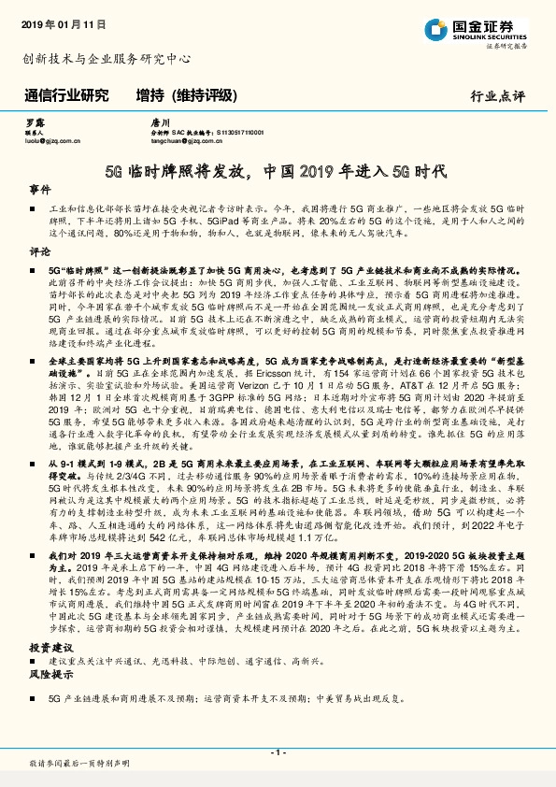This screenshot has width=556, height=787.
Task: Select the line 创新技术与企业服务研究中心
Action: (x=106, y=59)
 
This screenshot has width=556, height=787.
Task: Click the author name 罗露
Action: (x=33, y=122)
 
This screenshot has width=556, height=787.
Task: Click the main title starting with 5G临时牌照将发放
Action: (x=277, y=172)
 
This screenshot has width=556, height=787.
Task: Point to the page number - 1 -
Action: (x=278, y=751)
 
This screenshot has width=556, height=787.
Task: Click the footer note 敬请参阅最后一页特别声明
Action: (x=78, y=765)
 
